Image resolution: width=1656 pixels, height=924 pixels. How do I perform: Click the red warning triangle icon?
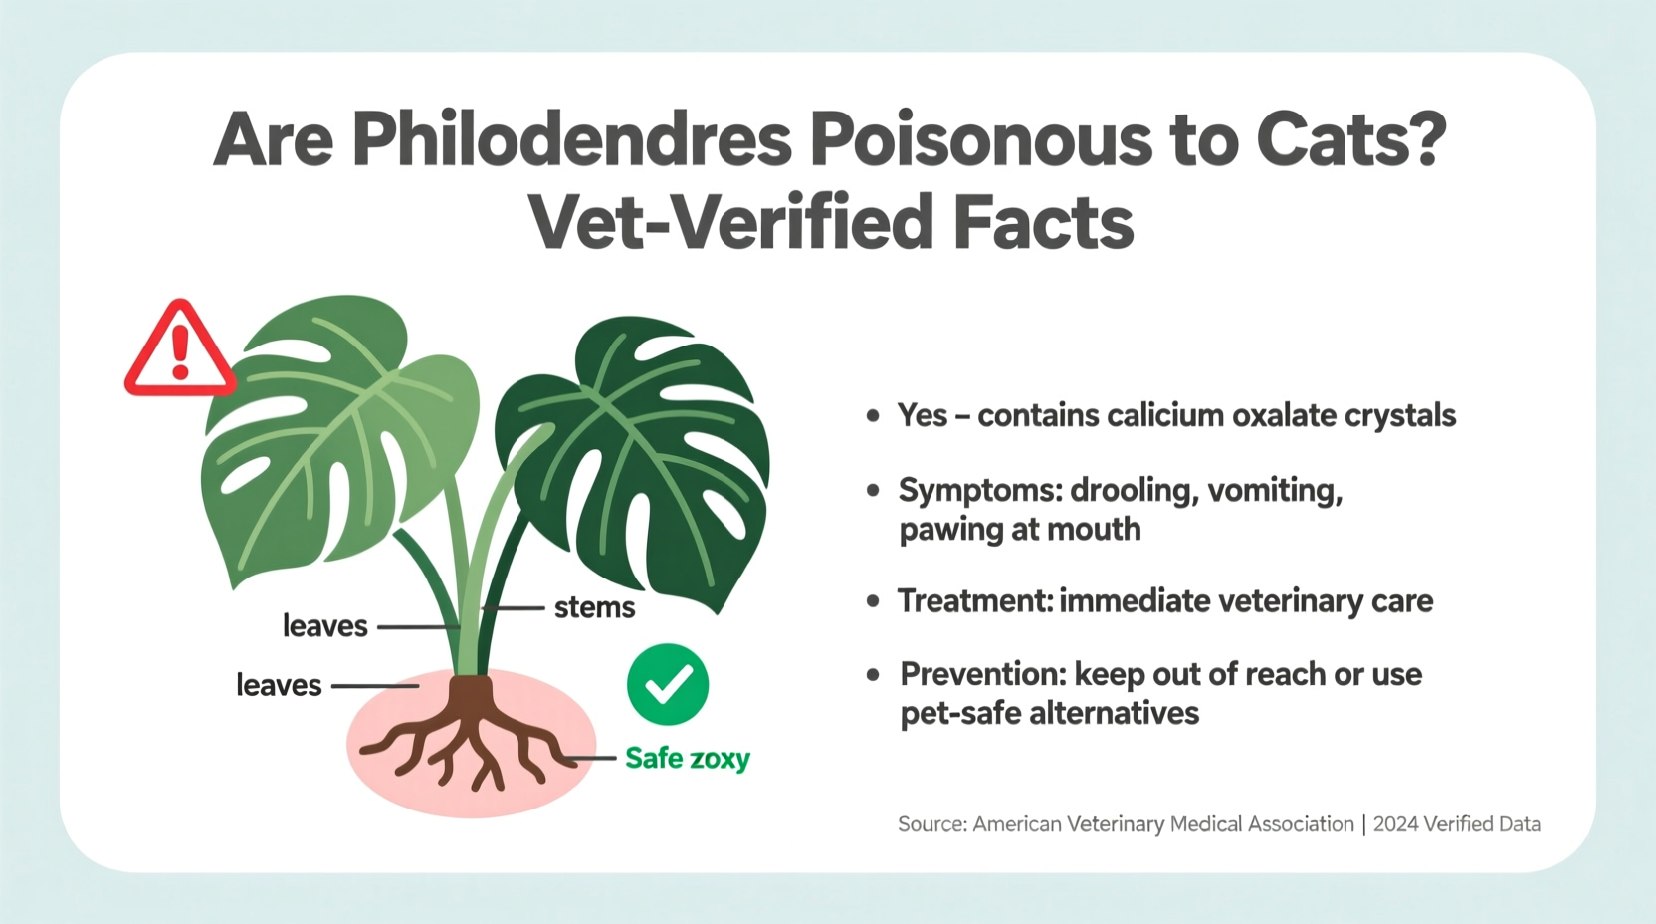pos(180,351)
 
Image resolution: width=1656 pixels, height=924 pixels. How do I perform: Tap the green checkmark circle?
pos(668,684)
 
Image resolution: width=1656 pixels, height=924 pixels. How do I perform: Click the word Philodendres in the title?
pos(571,140)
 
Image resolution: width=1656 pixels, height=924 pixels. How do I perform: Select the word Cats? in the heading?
pos(1350,140)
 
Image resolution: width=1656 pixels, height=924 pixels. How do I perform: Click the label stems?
pos(594,607)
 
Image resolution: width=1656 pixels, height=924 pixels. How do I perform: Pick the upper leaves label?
pos(324,626)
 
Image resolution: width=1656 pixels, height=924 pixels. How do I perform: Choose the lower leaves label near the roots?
pos(279,685)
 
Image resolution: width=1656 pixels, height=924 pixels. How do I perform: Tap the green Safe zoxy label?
pos(688,759)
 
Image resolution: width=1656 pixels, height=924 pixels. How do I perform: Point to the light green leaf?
pos(328,428)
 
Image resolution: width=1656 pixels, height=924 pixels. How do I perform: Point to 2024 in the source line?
pos(1397,824)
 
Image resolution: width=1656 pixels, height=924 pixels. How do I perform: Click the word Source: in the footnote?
pos(931,824)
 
